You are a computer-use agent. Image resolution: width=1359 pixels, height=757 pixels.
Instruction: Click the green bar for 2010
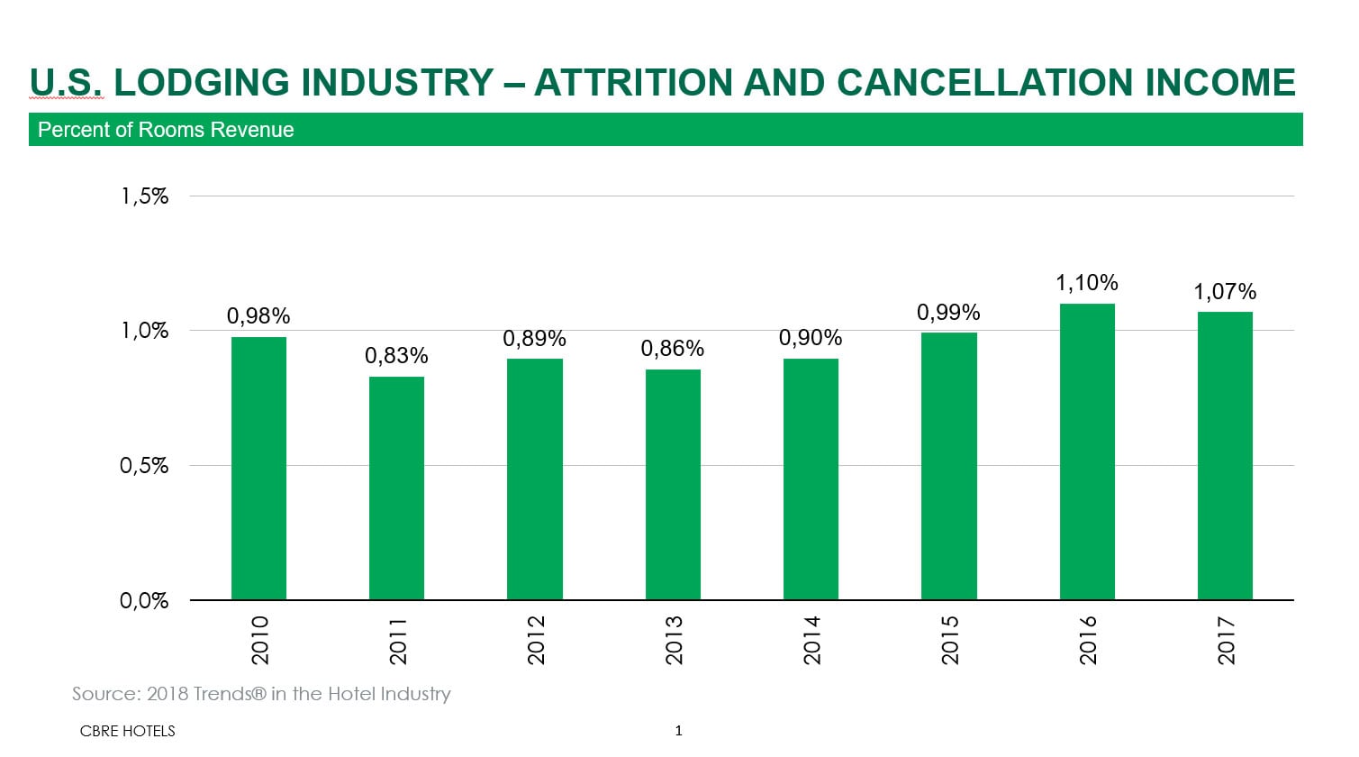pos(258,469)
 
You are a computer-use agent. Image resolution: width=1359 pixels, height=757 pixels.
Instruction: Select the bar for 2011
pos(396,488)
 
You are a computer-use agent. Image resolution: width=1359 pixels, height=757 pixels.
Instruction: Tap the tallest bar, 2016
pos(1087,451)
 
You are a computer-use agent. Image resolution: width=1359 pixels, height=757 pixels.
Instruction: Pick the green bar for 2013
pos(673,485)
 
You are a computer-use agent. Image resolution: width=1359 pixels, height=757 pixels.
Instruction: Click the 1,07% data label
pos(1225,292)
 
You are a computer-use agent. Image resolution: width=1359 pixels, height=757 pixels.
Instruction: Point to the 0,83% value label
pos(396,356)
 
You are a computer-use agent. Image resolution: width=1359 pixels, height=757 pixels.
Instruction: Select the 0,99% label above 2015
pos(948,313)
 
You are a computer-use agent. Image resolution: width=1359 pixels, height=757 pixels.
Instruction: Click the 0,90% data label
pos(811,338)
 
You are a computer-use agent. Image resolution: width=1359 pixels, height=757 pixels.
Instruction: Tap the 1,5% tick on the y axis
pos(145,196)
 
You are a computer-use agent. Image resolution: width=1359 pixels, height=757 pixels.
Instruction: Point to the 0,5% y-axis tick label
pos(145,466)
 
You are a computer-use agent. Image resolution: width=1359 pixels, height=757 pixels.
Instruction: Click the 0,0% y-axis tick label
pos(145,601)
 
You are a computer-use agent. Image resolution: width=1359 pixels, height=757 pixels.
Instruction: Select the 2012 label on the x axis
pos(536,640)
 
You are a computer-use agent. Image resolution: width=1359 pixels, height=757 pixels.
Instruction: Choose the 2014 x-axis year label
pos(811,640)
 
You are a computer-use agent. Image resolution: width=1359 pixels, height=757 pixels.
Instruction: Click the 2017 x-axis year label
pos(1226,640)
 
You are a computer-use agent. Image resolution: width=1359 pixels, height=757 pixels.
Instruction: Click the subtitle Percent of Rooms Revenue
pos(166,130)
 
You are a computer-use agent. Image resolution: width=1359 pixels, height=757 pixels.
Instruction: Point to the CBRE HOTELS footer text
pos(127,731)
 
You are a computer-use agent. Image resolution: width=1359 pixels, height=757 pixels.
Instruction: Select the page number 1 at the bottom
pos(678,731)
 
